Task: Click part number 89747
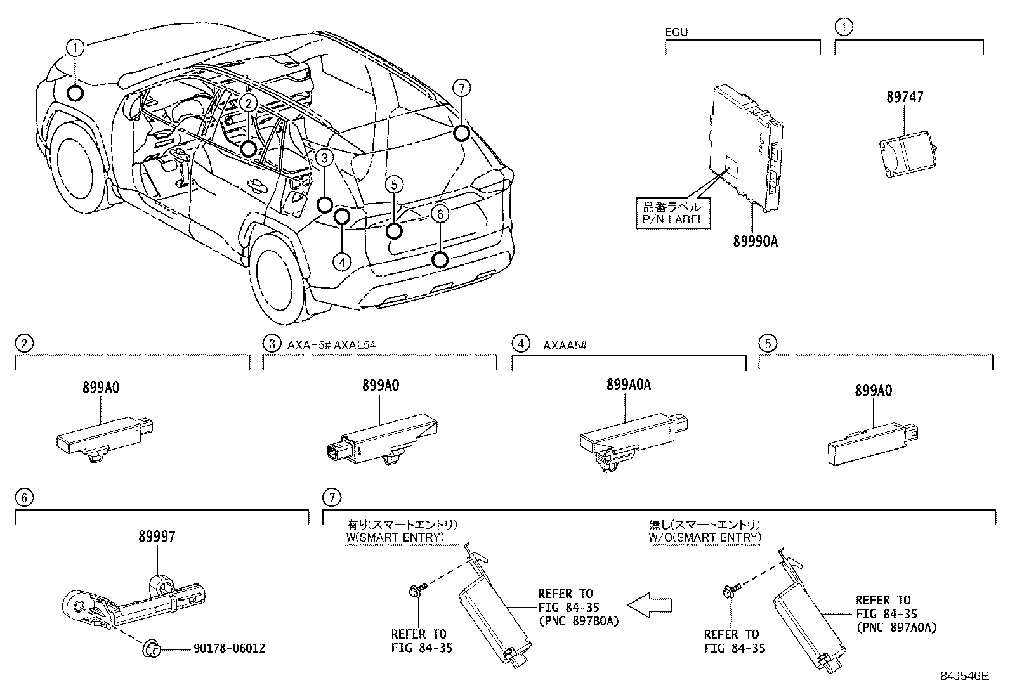coord(904,97)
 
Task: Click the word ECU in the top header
coord(676,32)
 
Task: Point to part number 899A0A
coord(628,384)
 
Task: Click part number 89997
coord(157,537)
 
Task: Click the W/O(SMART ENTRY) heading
coord(704,537)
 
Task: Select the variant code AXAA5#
coord(564,345)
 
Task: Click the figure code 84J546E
coord(964,676)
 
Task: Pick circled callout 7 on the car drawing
coord(461,88)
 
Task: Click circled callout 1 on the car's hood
coord(75,47)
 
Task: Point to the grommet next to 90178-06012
coord(151,648)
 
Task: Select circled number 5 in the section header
coord(768,344)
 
